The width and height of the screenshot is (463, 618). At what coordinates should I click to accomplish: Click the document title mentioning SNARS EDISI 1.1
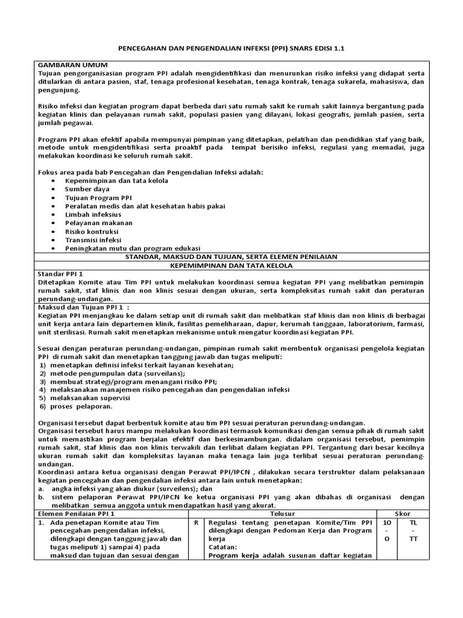click(231, 48)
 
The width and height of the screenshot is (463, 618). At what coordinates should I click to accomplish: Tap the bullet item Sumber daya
click(87, 189)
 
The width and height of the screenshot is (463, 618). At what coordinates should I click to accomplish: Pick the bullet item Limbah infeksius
click(93, 214)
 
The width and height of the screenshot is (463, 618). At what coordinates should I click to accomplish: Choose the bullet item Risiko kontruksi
click(92, 231)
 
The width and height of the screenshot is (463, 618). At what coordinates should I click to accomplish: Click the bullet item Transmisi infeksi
click(93, 240)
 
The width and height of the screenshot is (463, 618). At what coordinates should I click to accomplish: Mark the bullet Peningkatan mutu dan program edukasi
click(133, 248)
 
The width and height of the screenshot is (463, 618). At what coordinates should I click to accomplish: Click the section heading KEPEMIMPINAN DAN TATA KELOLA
click(231, 265)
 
